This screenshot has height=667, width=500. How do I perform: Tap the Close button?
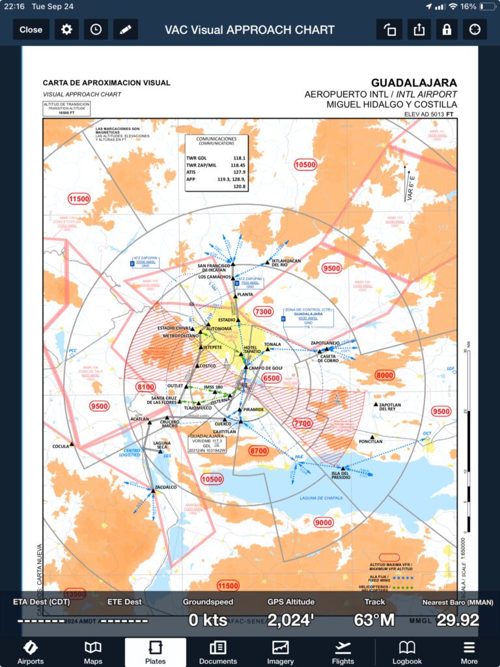(31, 29)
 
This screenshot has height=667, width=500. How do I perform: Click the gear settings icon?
(66, 29)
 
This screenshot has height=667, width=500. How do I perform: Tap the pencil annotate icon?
(125, 29)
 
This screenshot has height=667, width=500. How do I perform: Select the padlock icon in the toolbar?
(446, 29)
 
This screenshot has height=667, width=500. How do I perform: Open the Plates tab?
(156, 652)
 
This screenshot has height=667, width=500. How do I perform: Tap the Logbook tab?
(407, 652)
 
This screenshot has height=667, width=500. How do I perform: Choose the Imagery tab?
(281, 652)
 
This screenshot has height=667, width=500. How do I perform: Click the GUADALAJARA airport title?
(413, 83)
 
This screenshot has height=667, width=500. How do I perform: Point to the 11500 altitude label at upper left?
(79, 198)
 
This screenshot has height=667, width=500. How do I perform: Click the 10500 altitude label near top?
(305, 165)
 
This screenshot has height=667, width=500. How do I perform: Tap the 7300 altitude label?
(263, 311)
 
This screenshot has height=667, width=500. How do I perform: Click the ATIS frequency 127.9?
(239, 172)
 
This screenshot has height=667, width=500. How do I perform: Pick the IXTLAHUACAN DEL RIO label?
(286, 263)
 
